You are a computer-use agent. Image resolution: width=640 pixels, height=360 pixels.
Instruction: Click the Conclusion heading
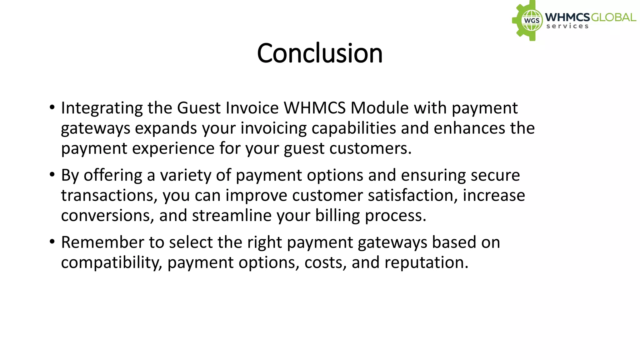(x=320, y=53)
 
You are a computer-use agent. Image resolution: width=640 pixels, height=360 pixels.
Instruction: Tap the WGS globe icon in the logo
(x=532, y=21)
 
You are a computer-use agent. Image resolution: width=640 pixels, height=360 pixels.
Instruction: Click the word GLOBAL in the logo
(x=613, y=17)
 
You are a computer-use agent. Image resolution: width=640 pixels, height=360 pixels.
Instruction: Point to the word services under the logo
(x=567, y=26)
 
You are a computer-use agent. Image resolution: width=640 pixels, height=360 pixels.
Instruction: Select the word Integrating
(x=102, y=108)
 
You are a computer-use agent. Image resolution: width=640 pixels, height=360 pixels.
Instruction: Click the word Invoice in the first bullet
(x=252, y=108)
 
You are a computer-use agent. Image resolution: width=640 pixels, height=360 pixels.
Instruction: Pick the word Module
(x=379, y=108)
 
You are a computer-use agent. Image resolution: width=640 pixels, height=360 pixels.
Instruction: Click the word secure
(x=495, y=175)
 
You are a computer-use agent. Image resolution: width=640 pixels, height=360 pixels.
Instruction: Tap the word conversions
(x=106, y=216)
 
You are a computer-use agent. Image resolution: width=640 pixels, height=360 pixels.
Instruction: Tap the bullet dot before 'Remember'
(x=52, y=242)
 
